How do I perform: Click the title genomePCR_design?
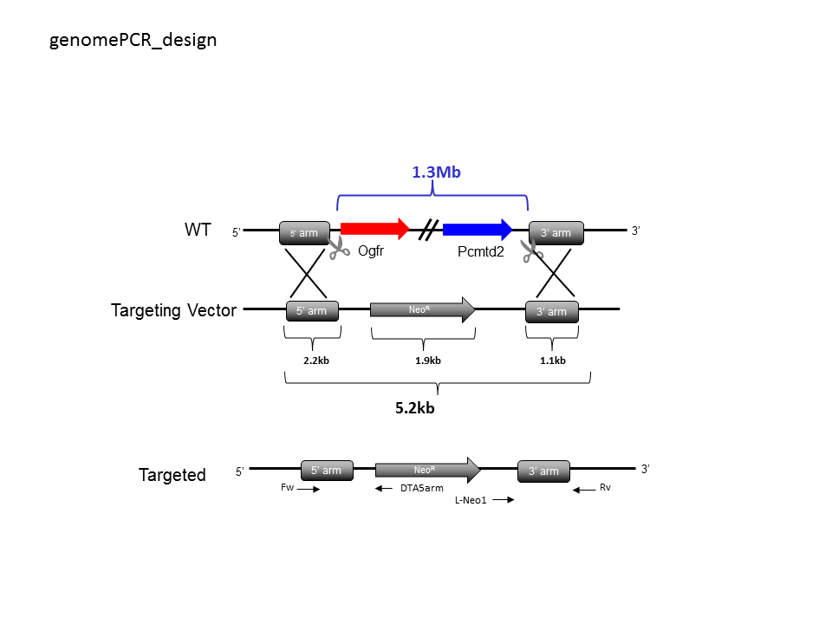(133, 41)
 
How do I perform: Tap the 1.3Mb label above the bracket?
(436, 172)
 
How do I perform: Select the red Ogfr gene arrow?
(375, 229)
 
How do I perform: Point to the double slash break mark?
(427, 231)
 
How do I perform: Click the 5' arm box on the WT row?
(304, 233)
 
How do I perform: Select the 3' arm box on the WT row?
(556, 233)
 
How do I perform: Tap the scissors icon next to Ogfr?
(338, 248)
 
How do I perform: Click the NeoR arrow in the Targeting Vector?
(422, 309)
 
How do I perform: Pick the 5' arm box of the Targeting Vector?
(312, 311)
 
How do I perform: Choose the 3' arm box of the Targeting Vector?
(552, 311)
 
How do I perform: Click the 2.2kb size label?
(316, 361)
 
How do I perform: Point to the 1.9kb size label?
(427, 361)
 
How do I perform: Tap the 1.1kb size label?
(553, 361)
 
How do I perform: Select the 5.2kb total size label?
(415, 408)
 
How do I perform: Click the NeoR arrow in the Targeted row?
(427, 470)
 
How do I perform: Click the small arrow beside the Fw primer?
(309, 489)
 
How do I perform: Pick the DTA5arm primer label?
(422, 488)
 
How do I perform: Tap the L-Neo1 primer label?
(471, 500)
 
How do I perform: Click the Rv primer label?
(606, 487)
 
